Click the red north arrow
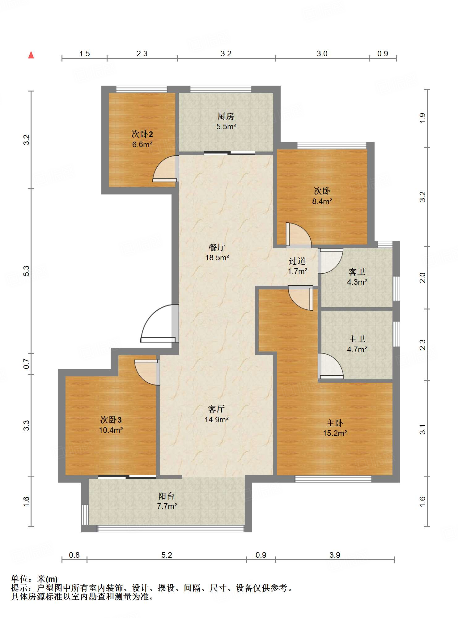point(31,55)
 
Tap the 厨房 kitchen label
point(226,117)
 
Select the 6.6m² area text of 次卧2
point(142,144)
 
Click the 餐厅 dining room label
point(217,247)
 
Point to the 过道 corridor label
point(297,261)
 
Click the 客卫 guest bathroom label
point(357,272)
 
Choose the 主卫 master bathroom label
point(357,339)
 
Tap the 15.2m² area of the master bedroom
point(335,433)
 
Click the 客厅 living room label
point(216,409)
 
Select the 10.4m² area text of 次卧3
point(111,430)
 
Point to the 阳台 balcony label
point(167,496)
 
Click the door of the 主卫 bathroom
point(331,366)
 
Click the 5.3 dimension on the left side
point(27,271)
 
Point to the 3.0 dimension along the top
point(322,53)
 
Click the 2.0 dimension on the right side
point(422,278)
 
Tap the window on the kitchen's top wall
point(221,89)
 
